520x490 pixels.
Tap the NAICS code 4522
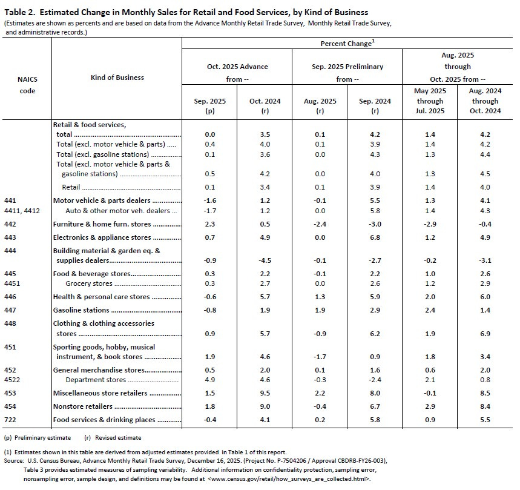point(13,380)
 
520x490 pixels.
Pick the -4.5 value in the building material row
point(264,261)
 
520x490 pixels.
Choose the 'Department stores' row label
point(96,380)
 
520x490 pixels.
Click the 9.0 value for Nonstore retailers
point(264,406)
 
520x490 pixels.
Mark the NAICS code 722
point(10,420)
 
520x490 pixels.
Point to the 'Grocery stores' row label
point(88,283)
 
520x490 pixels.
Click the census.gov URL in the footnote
point(285,479)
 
